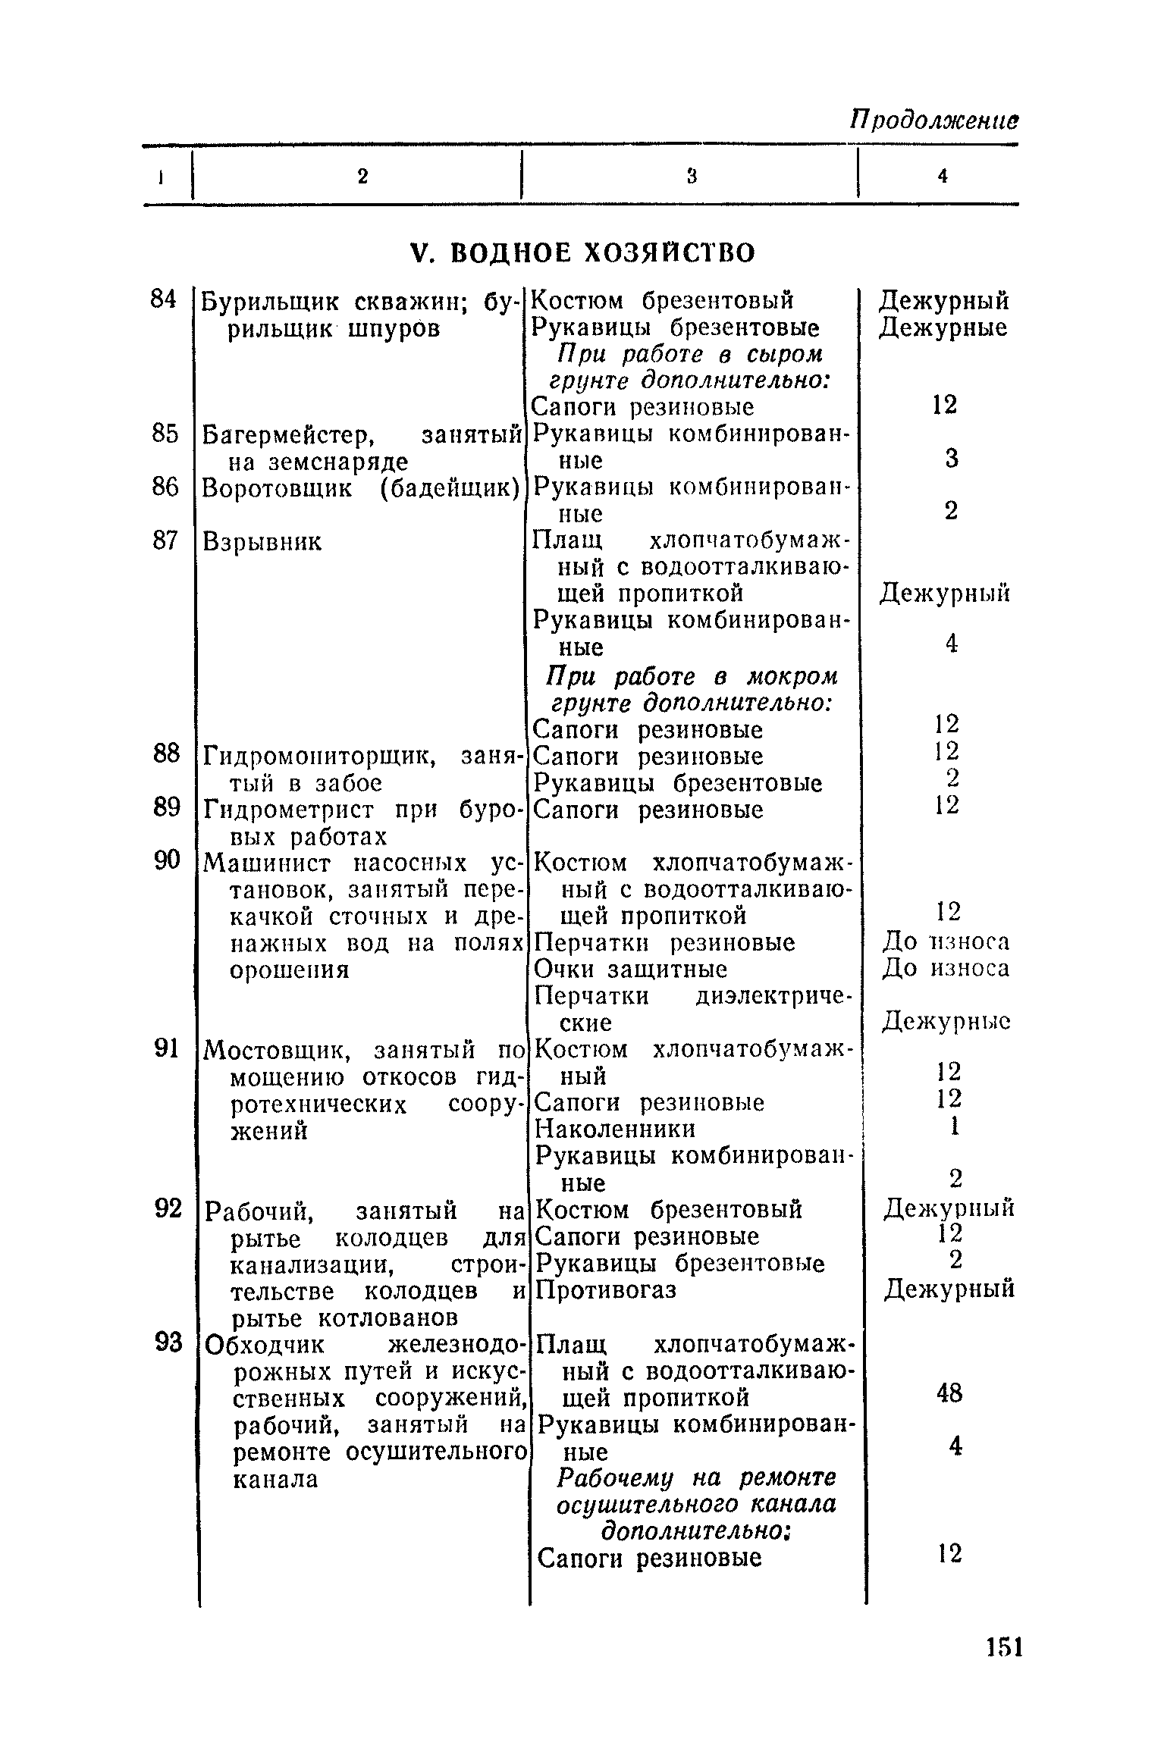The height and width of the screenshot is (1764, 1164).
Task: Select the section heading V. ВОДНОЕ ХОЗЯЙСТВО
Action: (x=582, y=252)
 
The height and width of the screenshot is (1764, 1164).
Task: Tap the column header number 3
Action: (x=691, y=176)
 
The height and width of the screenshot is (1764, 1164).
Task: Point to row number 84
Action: (x=164, y=299)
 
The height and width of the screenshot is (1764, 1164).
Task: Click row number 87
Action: (x=165, y=540)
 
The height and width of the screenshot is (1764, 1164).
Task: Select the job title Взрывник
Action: (x=262, y=541)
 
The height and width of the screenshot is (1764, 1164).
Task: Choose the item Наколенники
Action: (x=615, y=1130)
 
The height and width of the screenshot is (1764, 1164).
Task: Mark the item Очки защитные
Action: (x=631, y=970)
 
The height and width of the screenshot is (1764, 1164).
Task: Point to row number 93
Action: (x=168, y=1343)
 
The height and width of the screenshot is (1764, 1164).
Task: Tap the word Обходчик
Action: (x=266, y=1345)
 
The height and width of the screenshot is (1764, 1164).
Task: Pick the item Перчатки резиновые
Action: (x=665, y=943)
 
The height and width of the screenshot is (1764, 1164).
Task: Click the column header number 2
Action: (x=362, y=176)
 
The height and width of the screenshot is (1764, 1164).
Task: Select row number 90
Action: (x=167, y=860)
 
